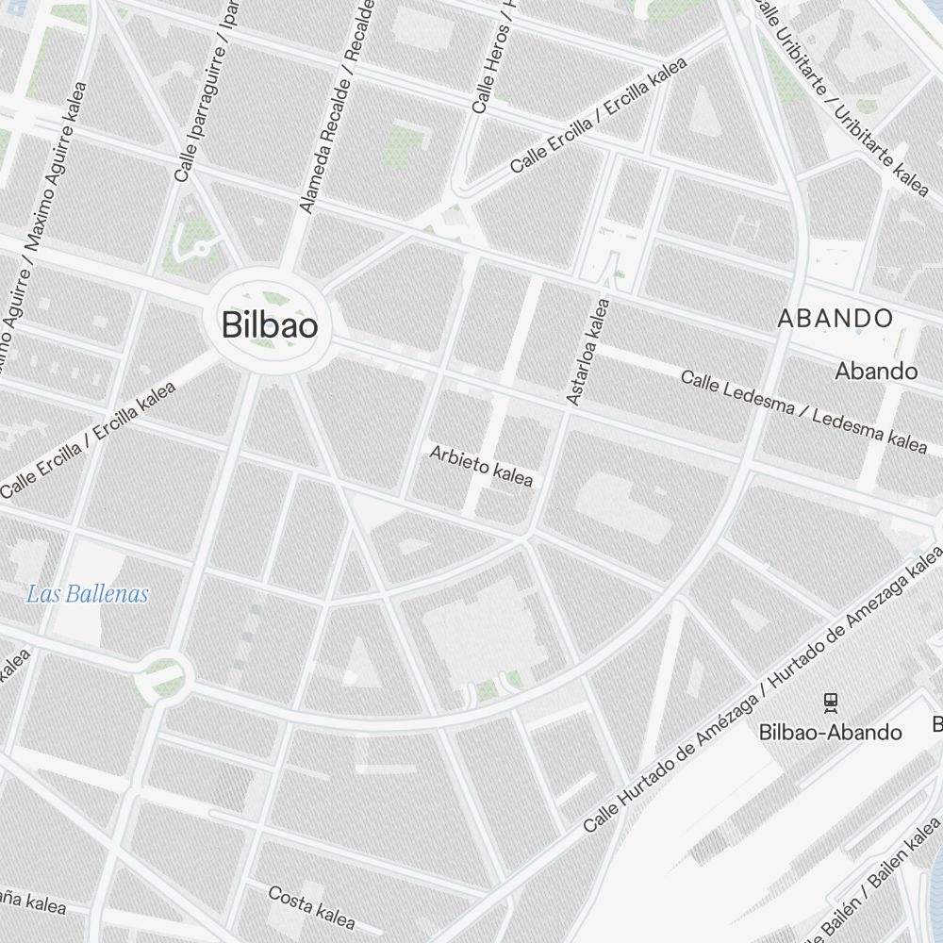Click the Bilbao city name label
coord(270,325)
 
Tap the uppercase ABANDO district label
coord(835,319)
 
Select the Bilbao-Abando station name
coord(830,732)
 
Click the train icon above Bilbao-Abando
coord(830,702)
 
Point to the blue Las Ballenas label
coord(88,594)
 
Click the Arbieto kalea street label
coord(481,466)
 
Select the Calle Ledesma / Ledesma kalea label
coord(803,411)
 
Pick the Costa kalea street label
coord(311,907)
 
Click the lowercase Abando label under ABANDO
coord(876,371)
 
